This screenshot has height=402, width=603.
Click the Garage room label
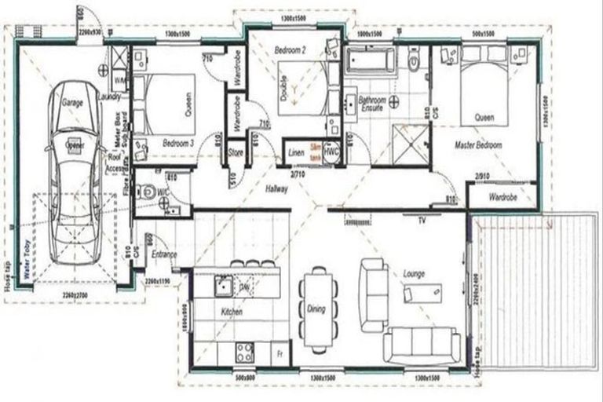(x=73, y=103)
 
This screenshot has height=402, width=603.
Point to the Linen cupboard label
(x=295, y=152)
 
